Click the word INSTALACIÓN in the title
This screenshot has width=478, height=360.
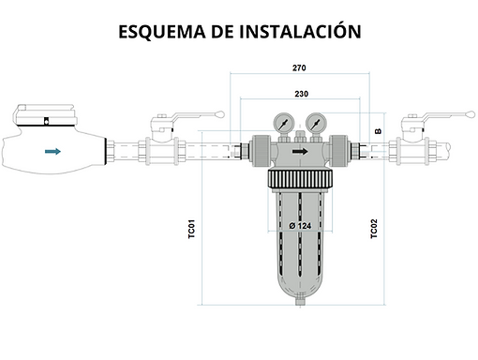tap(302, 31)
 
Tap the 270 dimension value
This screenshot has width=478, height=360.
tap(300, 68)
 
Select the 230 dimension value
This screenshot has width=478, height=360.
tap(300, 93)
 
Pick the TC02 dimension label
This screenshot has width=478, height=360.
tap(374, 229)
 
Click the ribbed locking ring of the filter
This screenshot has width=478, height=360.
tap(299, 177)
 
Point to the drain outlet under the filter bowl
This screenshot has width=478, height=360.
tap(299, 302)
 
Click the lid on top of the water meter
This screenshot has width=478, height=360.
tap(47, 116)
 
